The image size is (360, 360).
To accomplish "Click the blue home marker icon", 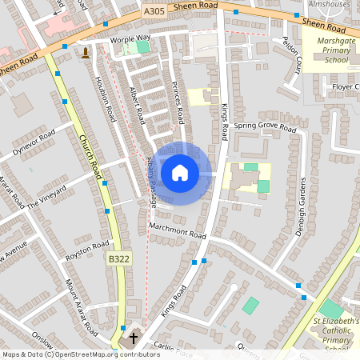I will (x=180, y=173).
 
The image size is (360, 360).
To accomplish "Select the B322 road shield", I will (x=118, y=258).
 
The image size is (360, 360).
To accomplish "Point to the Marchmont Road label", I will (x=178, y=232).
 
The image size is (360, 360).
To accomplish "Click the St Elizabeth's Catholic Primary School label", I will (x=330, y=334).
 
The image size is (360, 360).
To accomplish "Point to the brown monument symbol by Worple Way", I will (x=85, y=52).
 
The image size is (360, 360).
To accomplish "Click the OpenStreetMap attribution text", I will (x=80, y=354).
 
